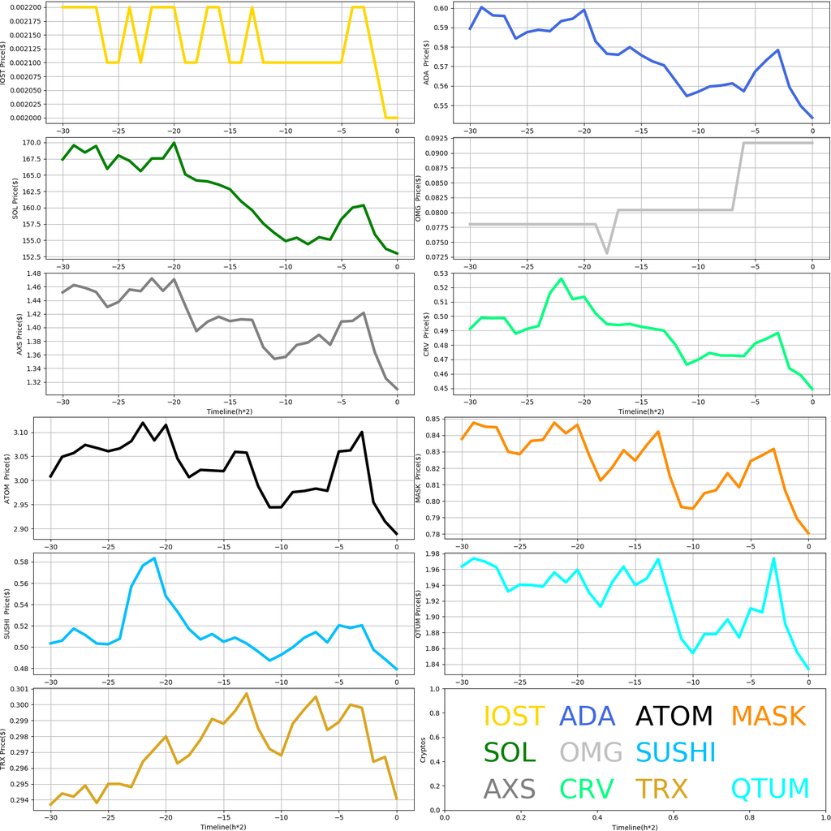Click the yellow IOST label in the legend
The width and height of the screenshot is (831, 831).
pyautogui.click(x=514, y=716)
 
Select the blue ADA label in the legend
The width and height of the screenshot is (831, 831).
pyautogui.click(x=587, y=716)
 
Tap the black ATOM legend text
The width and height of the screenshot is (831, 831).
pyautogui.click(x=674, y=716)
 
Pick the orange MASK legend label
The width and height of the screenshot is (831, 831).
pyautogui.click(x=768, y=716)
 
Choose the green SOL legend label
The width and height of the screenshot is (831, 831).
pyautogui.click(x=510, y=752)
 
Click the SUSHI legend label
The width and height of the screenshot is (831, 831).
pyautogui.click(x=675, y=752)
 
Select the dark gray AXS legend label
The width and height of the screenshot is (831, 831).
pyautogui.click(x=510, y=788)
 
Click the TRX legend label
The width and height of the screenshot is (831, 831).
pyautogui.click(x=661, y=788)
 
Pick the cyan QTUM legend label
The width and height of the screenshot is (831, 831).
pyautogui.click(x=770, y=788)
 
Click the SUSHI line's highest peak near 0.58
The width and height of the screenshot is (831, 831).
pyautogui.click(x=154, y=558)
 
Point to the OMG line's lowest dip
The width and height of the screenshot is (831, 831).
pyautogui.click(x=606, y=253)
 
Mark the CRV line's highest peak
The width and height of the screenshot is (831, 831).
pyautogui.click(x=561, y=278)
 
